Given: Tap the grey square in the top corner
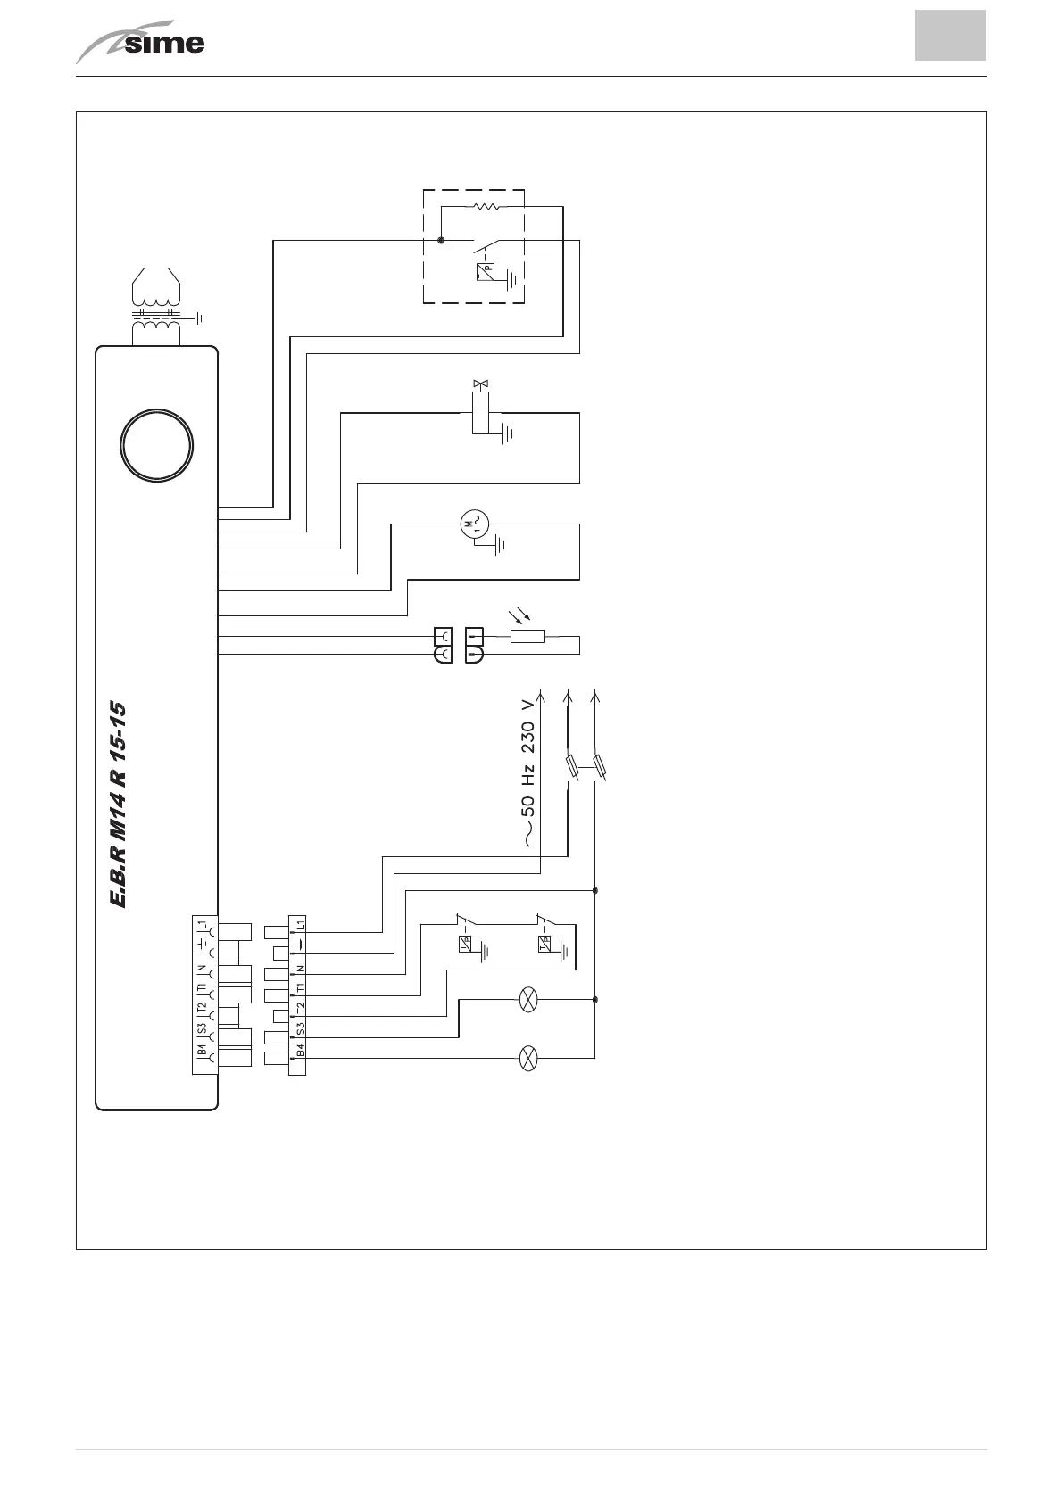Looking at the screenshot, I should point(950,36).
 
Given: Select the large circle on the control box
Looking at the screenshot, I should point(158,447).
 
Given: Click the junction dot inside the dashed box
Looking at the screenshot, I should point(441,240).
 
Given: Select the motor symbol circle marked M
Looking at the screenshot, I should point(473,524).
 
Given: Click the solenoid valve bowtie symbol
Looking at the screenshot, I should point(482,384).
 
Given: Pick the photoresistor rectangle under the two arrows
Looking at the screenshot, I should point(527,637).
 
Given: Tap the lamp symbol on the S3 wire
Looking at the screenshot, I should point(528,1001).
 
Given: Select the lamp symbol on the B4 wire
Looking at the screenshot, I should point(528,1059).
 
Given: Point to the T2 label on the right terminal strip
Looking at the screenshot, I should point(300,1010).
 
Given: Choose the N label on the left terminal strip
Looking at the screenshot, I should point(203,969).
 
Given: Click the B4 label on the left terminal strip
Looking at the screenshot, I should point(203,1051).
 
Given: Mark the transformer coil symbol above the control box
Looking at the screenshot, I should point(156,308).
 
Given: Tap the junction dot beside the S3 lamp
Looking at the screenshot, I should point(595,1001).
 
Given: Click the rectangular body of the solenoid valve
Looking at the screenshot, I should point(482,411).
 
